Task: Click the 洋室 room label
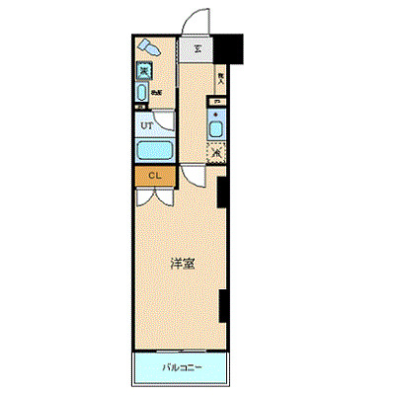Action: (180, 264)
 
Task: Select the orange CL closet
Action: (154, 176)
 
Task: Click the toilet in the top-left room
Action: (149, 47)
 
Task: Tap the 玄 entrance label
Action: (197, 48)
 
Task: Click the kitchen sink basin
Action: (216, 127)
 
